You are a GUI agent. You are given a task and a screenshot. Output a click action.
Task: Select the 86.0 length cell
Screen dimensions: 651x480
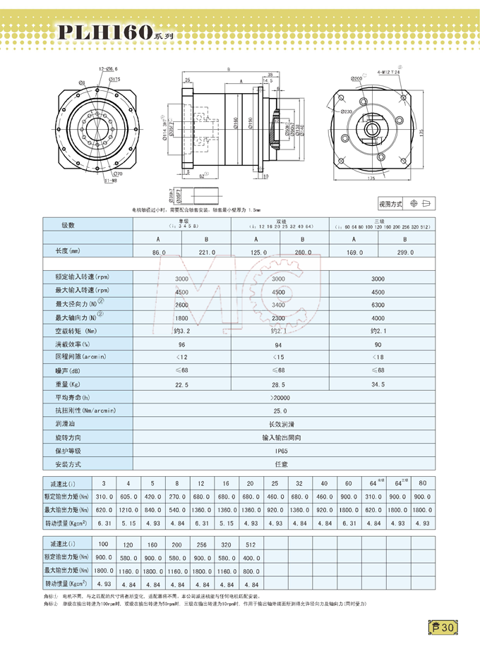(158, 252)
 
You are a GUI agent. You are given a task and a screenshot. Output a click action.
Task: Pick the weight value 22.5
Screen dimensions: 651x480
(181, 384)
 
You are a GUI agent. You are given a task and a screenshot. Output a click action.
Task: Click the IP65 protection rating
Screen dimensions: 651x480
(281, 451)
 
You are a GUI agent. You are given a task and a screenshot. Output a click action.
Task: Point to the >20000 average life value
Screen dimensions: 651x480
(281, 398)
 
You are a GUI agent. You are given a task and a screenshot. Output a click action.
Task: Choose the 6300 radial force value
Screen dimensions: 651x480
(378, 305)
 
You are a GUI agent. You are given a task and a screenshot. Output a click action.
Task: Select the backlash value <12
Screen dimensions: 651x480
(181, 358)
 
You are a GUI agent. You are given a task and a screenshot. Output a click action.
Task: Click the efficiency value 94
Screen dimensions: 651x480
(280, 344)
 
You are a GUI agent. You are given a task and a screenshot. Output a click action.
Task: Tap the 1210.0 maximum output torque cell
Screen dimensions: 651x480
(128, 509)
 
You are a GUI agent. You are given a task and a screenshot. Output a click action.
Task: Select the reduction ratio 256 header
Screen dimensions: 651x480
(201, 545)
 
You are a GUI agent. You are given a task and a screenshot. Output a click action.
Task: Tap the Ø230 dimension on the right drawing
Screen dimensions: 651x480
(346, 111)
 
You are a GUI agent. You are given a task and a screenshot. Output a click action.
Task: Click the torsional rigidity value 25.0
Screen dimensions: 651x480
(281, 410)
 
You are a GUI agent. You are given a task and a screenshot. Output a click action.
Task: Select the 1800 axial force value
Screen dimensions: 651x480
(181, 318)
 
